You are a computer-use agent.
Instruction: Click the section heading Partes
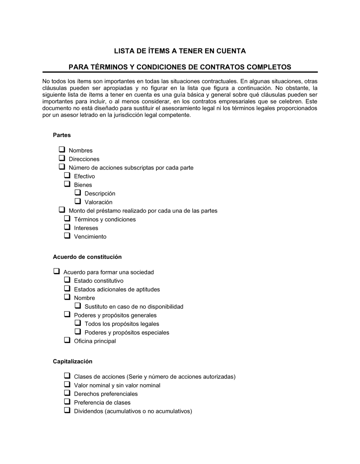click(x=62, y=135)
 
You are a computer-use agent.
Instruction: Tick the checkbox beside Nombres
click(x=62, y=150)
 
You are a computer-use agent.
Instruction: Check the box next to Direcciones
click(x=62, y=158)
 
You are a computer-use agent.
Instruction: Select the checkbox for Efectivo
click(x=67, y=176)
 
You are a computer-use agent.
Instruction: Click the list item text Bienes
click(x=83, y=185)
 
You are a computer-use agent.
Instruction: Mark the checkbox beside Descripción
click(x=78, y=193)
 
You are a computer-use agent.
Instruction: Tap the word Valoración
click(x=98, y=202)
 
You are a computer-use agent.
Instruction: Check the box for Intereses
click(x=67, y=227)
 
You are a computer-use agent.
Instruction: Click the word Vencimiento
click(x=90, y=237)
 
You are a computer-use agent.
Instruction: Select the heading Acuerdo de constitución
click(x=87, y=257)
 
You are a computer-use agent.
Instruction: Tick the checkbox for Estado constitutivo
click(x=67, y=280)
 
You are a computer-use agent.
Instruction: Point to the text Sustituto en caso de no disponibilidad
click(x=134, y=306)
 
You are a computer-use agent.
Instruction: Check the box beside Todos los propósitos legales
click(x=78, y=323)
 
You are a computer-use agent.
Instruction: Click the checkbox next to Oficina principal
click(x=67, y=340)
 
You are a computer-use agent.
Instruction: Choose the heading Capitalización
click(x=72, y=361)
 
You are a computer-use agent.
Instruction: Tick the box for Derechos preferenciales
click(x=67, y=393)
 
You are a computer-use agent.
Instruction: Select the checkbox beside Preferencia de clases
click(x=67, y=402)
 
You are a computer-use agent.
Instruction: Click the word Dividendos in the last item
click(x=89, y=411)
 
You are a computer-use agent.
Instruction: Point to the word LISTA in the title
click(x=124, y=51)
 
